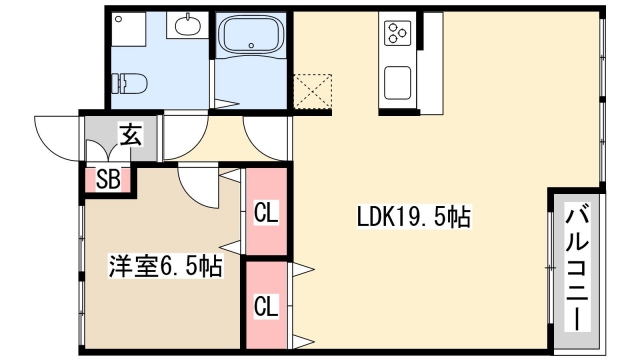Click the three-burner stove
tap(397, 32)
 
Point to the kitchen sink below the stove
tap(397, 81)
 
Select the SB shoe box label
tap(107, 181)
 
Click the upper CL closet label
tap(265, 212)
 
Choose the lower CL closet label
tap(265, 305)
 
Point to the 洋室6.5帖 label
tap(165, 267)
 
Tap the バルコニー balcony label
tap(577, 268)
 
